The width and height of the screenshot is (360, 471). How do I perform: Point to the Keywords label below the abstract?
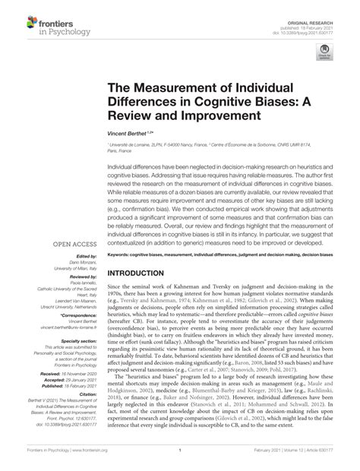click(x=122, y=254)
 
